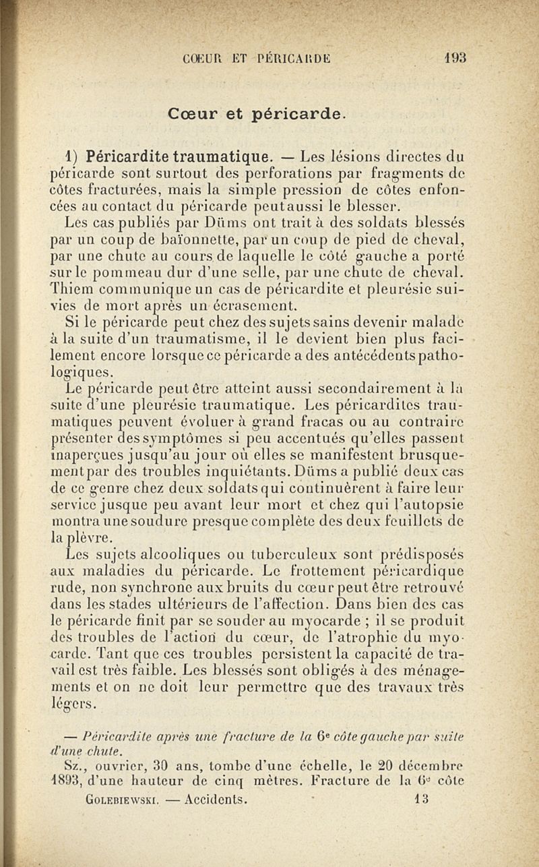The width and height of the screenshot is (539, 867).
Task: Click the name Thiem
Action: pyautogui.click(x=69, y=287)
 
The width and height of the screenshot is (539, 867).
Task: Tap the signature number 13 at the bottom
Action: pyautogui.click(x=422, y=800)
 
